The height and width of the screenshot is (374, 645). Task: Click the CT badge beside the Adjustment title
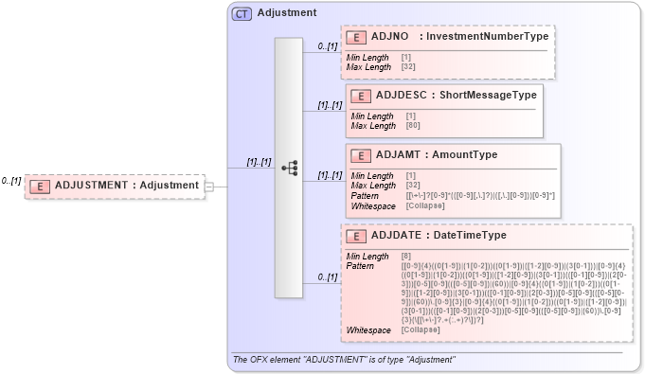[x=242, y=14]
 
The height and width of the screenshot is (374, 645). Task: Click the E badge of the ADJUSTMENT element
[x=40, y=186]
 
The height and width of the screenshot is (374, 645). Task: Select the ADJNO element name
[x=390, y=37]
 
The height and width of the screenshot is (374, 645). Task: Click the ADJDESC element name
[x=402, y=95]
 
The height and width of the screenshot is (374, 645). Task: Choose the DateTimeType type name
[x=471, y=236]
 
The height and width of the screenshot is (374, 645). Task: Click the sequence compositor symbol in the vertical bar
[x=290, y=169]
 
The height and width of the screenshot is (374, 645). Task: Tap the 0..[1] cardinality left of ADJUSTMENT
[x=11, y=180]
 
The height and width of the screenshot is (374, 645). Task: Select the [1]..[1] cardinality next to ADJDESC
[x=330, y=105]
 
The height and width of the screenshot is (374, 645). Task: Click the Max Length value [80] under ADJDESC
[x=414, y=126]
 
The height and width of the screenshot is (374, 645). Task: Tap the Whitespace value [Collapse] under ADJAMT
[x=425, y=205]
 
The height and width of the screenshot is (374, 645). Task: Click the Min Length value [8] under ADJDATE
[x=405, y=257]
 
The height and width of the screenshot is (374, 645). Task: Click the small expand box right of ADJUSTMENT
[x=209, y=186]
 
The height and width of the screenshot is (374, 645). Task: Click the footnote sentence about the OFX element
[x=344, y=360]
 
